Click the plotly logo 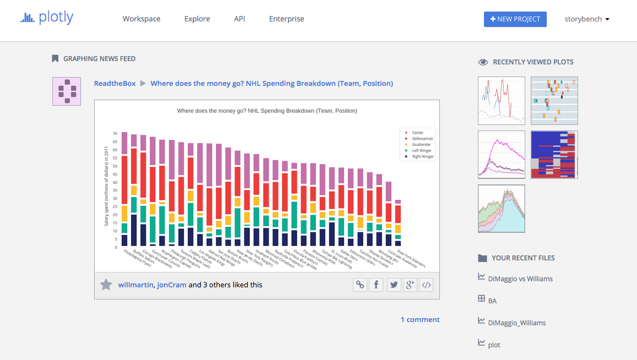click(46, 18)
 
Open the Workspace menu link click(141, 19)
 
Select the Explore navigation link click(197, 19)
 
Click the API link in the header click(239, 19)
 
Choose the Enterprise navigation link click(286, 19)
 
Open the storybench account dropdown click(587, 19)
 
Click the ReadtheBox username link click(115, 83)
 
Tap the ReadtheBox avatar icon click(67, 91)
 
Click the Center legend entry click(417, 133)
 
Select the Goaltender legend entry click(421, 144)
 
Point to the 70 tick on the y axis click(115, 134)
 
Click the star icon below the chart click(106, 285)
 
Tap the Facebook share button click(376, 285)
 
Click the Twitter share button click(393, 285)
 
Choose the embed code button click(426, 285)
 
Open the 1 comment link click(420, 319)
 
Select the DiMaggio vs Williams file click(520, 279)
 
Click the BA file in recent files click(492, 301)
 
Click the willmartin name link click(135, 285)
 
